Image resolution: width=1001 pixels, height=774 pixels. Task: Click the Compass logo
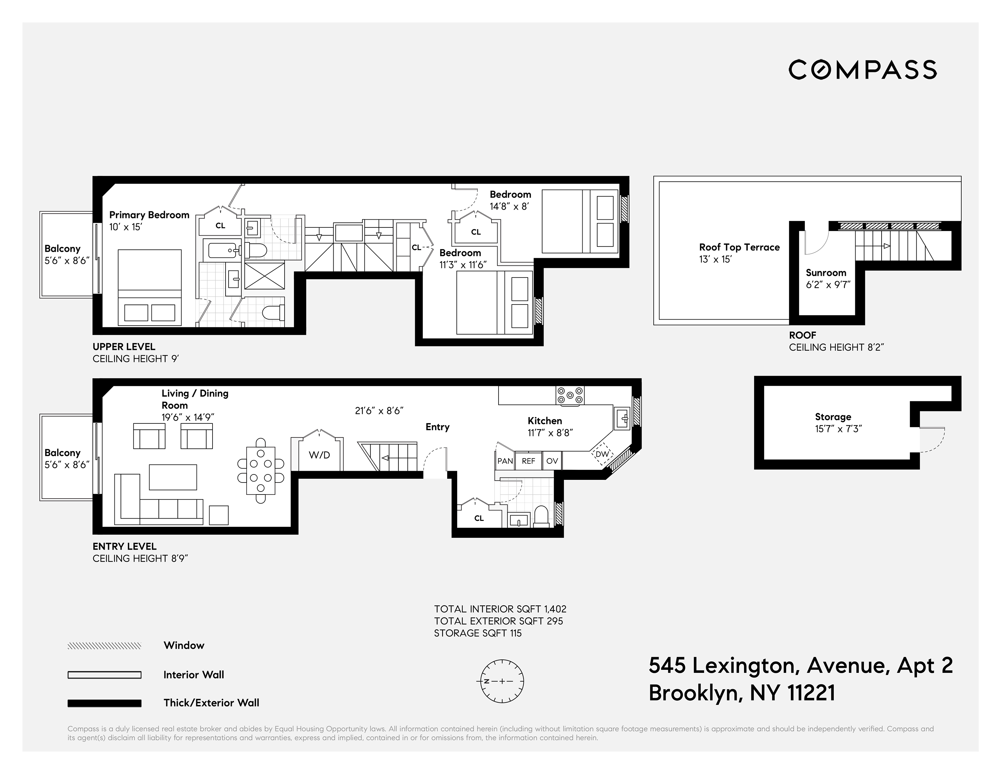(862, 70)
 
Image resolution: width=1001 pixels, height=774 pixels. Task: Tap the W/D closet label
(319, 455)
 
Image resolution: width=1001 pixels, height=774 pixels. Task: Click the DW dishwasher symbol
(602, 454)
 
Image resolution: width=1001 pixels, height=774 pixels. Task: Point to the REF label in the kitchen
(529, 461)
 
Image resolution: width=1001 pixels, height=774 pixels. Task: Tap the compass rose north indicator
(487, 681)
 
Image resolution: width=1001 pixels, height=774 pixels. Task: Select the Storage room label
(833, 417)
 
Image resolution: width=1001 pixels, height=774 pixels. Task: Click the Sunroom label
(826, 272)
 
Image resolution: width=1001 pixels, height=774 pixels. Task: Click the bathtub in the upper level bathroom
(223, 250)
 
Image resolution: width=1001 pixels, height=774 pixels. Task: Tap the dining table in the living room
(261, 471)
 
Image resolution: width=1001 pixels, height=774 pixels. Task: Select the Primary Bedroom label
(149, 215)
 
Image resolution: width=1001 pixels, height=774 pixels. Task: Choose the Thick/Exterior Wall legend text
(211, 703)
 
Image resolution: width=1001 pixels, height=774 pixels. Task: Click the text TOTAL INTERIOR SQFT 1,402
(500, 609)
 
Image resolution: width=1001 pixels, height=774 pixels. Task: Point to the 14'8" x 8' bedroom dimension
(509, 206)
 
